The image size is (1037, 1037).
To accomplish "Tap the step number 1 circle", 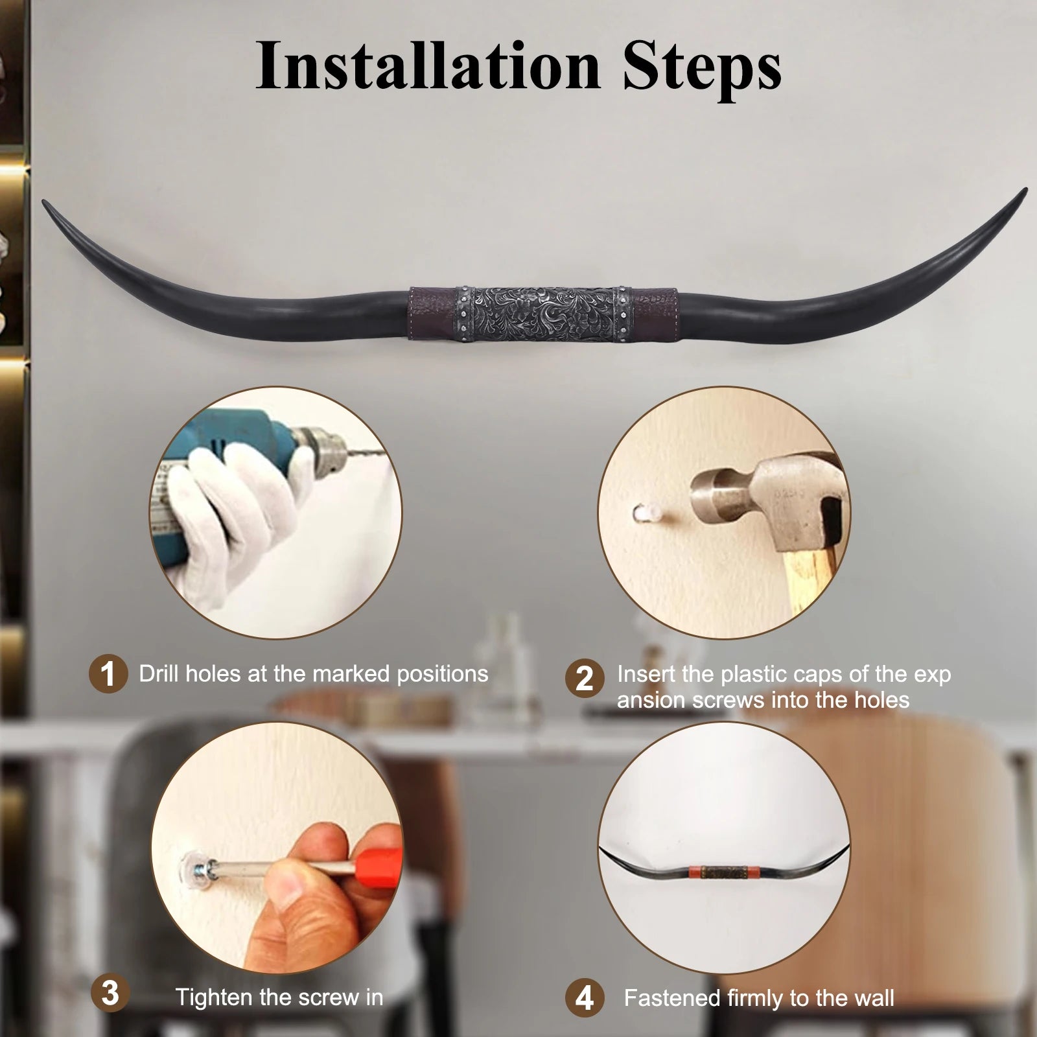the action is coord(108,674).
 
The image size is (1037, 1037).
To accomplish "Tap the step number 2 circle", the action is coord(584,679).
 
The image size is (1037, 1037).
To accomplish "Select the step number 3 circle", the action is coord(110,993).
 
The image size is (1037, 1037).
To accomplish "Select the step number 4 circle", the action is coord(584,997).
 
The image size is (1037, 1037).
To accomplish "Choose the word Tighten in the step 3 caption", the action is coord(215,997).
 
